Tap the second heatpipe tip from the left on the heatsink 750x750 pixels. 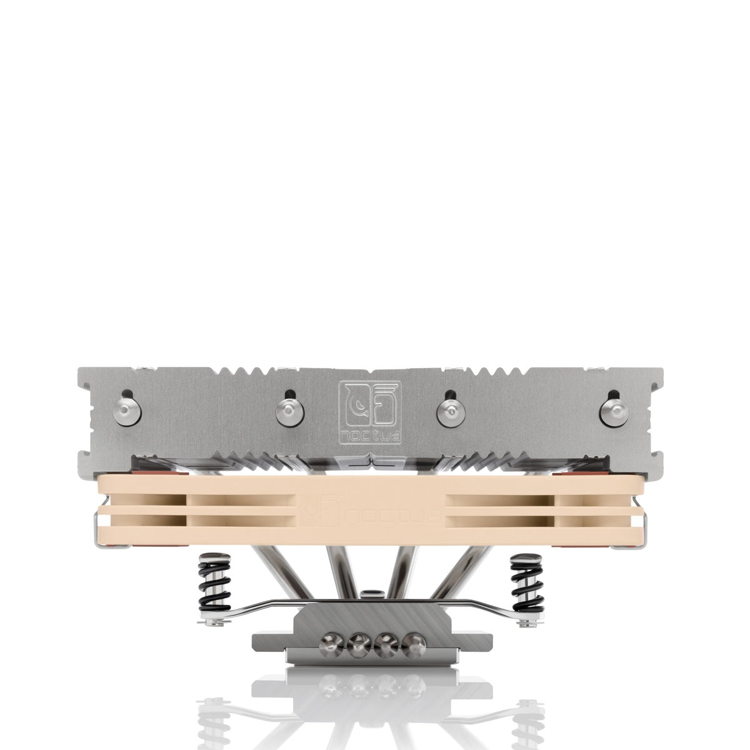pos(289,409)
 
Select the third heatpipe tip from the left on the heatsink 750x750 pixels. pos(448,409)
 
